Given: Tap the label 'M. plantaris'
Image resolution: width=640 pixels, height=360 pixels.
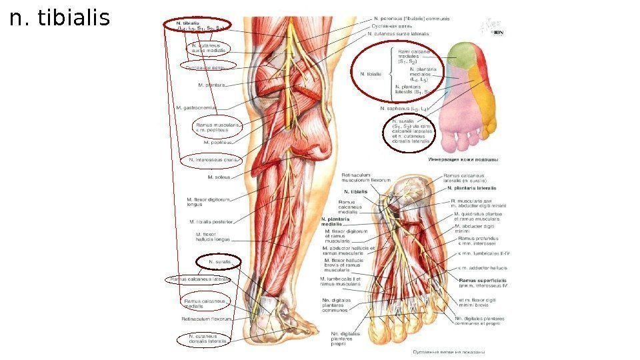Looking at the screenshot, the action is (x=211, y=85).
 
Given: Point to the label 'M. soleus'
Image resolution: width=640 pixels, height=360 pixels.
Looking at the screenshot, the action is (x=219, y=177).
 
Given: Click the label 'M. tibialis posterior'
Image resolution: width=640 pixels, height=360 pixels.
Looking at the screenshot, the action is (x=211, y=221).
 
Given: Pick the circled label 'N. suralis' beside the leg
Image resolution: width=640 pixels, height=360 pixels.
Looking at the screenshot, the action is (x=219, y=263).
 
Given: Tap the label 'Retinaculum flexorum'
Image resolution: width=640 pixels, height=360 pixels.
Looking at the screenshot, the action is (x=206, y=319).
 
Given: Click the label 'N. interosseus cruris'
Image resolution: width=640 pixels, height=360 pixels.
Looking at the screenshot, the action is (x=213, y=160).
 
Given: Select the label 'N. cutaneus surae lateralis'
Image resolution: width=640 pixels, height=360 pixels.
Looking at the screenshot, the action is (x=398, y=33).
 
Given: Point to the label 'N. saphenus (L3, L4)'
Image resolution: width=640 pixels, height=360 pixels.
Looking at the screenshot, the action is (x=403, y=108).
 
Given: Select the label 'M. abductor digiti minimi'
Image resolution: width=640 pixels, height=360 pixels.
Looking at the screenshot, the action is (x=477, y=229).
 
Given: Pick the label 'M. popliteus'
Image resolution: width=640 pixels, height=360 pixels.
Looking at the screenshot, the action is (x=218, y=142).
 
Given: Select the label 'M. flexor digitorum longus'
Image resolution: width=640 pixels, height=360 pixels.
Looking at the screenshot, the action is (x=209, y=201).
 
